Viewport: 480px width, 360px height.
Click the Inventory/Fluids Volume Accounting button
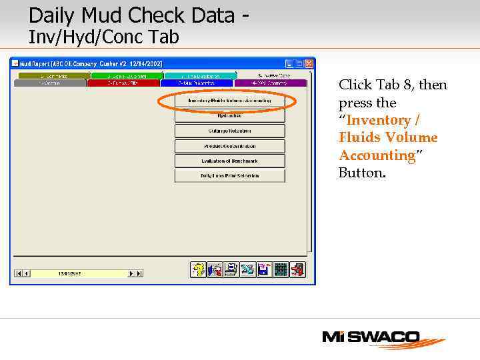[x=229, y=101]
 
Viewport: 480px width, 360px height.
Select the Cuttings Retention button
[x=229, y=131]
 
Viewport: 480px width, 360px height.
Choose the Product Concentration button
[x=229, y=146]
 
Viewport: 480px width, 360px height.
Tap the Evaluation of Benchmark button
[x=229, y=161]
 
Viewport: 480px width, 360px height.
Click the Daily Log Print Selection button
[x=229, y=176]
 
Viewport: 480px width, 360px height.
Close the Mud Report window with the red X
[x=309, y=64]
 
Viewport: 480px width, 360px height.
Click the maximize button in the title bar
[x=299, y=64]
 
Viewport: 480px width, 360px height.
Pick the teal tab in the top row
[x=200, y=76]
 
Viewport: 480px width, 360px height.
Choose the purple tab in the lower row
[x=270, y=83]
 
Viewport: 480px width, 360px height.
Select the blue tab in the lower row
[x=197, y=83]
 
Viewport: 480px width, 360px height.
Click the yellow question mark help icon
[x=198, y=269]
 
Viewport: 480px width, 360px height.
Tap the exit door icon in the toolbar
[x=298, y=269]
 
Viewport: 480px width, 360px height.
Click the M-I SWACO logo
[x=383, y=339]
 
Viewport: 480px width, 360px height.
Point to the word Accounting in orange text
[x=377, y=155]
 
